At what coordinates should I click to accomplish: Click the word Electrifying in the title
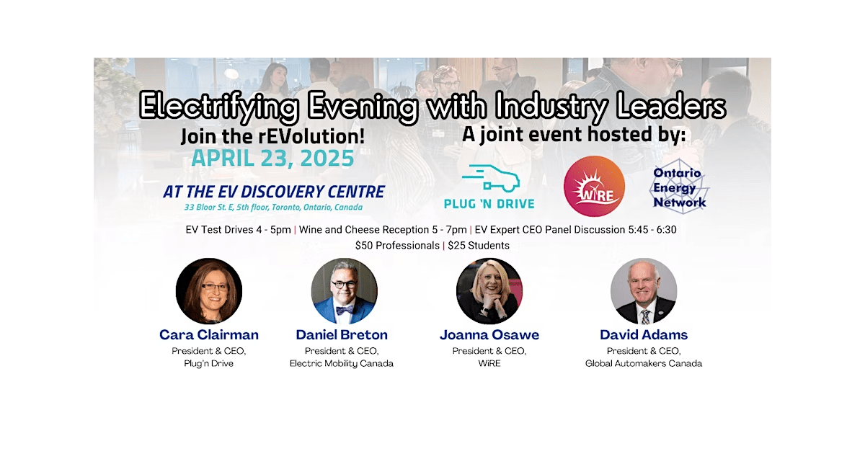tap(219, 106)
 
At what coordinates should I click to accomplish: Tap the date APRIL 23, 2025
tap(272, 158)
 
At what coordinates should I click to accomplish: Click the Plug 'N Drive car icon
tap(490, 179)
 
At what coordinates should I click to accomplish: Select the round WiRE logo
tap(594, 186)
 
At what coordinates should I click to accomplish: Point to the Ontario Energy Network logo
tap(680, 187)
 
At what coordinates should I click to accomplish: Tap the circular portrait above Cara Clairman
tap(209, 290)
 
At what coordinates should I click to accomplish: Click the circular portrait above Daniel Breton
tap(344, 290)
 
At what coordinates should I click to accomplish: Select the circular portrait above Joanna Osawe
tap(489, 290)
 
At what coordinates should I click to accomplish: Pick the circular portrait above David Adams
tap(644, 290)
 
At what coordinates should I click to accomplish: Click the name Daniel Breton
tap(342, 334)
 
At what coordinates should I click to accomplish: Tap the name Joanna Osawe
tap(489, 334)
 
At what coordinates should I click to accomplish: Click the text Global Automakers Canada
tap(643, 364)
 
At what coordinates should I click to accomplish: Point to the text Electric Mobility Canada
tap(342, 364)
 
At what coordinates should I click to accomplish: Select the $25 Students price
tap(479, 246)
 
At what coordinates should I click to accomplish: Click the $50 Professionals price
tap(397, 246)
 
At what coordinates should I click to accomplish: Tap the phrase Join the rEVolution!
tap(272, 136)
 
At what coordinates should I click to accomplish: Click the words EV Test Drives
tap(219, 230)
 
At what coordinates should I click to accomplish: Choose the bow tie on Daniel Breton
tap(344, 310)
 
